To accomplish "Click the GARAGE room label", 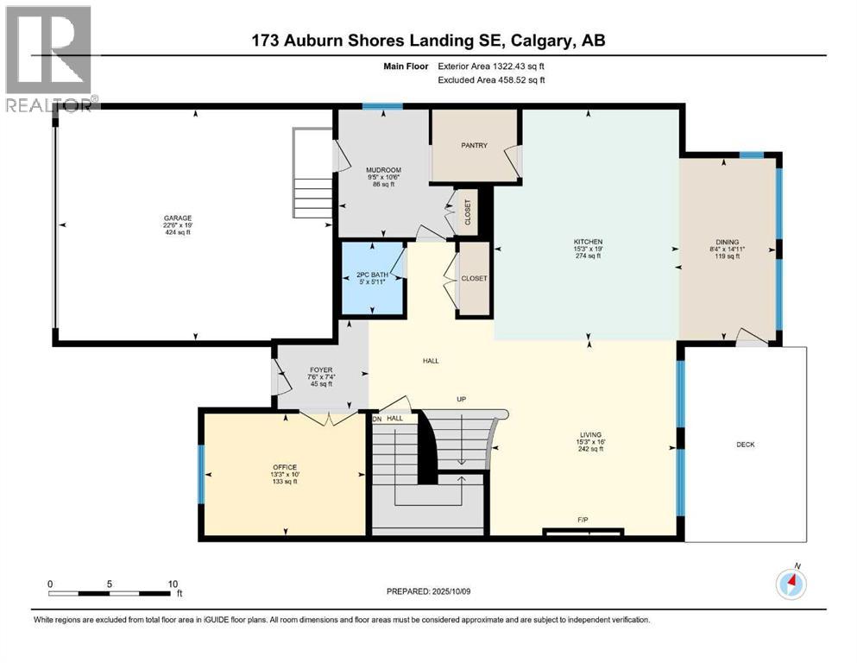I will click(x=180, y=218).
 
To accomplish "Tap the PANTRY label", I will click(x=474, y=145).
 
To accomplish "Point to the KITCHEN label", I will click(x=588, y=242).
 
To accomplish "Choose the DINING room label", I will click(x=727, y=242).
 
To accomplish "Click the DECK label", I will click(x=746, y=445).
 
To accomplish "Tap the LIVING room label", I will click(x=590, y=434).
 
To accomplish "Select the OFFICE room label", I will click(x=285, y=467).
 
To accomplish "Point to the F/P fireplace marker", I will click(x=583, y=520).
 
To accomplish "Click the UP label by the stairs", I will click(x=461, y=399).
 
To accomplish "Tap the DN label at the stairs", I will click(x=376, y=419).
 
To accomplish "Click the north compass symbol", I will click(x=791, y=584).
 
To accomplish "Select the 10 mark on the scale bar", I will click(x=173, y=583).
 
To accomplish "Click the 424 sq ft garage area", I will click(x=180, y=233).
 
